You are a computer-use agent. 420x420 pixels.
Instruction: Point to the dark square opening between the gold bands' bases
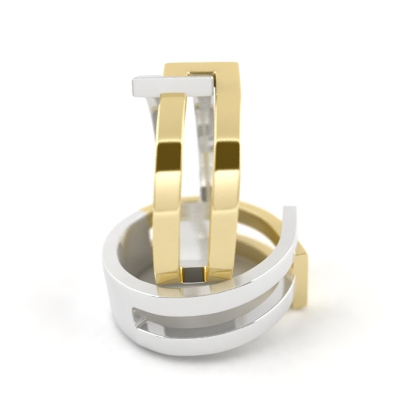[193, 275]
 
